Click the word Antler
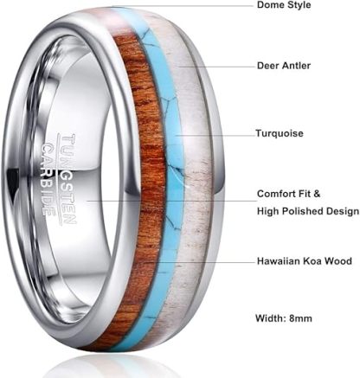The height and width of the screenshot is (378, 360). tap(296, 66)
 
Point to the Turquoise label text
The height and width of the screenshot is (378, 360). tap(280, 133)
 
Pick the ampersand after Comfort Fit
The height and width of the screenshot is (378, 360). tap(317, 194)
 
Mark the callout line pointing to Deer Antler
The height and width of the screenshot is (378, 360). tap(217, 67)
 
